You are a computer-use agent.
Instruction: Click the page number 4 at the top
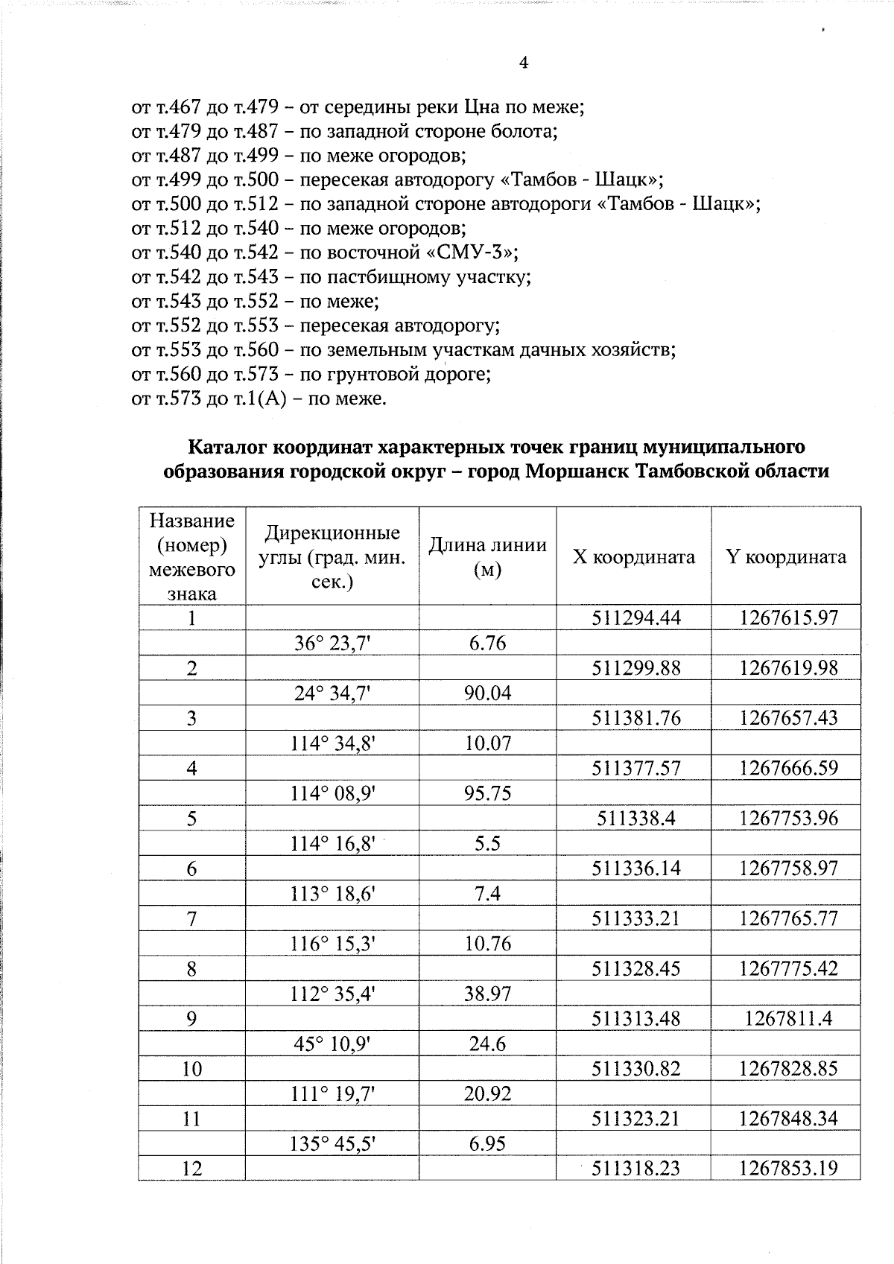click(x=523, y=63)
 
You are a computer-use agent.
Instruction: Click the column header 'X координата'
click(x=633, y=557)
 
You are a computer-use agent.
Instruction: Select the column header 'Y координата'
click(x=786, y=557)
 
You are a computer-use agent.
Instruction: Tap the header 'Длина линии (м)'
click(x=487, y=557)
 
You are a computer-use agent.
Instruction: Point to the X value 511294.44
click(x=636, y=617)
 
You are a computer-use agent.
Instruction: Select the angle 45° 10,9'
click(x=332, y=1044)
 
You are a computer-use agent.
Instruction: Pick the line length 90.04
click(x=488, y=693)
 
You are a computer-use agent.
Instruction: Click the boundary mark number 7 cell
click(x=192, y=918)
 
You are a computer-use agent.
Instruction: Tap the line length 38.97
click(x=488, y=994)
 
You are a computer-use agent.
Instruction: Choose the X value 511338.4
click(x=636, y=818)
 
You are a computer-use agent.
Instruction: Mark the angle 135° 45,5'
click(x=332, y=1143)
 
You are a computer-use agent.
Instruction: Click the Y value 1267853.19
click(x=788, y=1169)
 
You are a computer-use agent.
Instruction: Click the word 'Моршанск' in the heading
click(x=569, y=471)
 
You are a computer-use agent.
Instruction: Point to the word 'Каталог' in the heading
click(x=226, y=447)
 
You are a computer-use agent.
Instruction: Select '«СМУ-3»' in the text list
click(x=478, y=253)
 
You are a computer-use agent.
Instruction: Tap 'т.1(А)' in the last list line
click(x=260, y=398)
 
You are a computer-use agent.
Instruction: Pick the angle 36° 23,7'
click(x=332, y=643)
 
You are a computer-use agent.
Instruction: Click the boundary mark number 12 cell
click(x=192, y=1169)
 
